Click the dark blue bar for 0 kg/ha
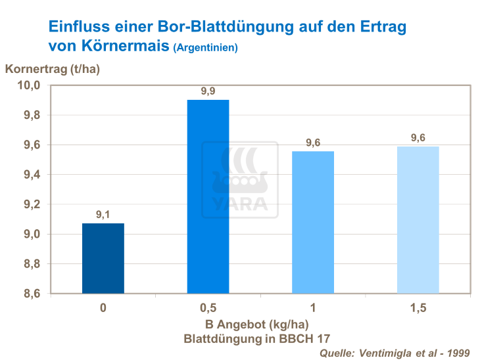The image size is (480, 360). coord(103,258)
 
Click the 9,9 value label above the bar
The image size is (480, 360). coord(208,91)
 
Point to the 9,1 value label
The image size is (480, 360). coord(103,214)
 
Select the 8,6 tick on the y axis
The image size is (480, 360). coord(31,294)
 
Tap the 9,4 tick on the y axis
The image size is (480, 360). coord(31,175)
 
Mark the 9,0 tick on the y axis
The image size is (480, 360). coord(31,235)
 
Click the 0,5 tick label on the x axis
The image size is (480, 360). coord(208,308)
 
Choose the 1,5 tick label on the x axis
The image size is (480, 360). coord(418,308)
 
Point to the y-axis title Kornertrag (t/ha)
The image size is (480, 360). coord(52,69)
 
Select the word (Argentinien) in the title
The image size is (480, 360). coord(205,48)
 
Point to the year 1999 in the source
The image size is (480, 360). coord(458,353)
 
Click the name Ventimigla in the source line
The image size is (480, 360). coord(389,353)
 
